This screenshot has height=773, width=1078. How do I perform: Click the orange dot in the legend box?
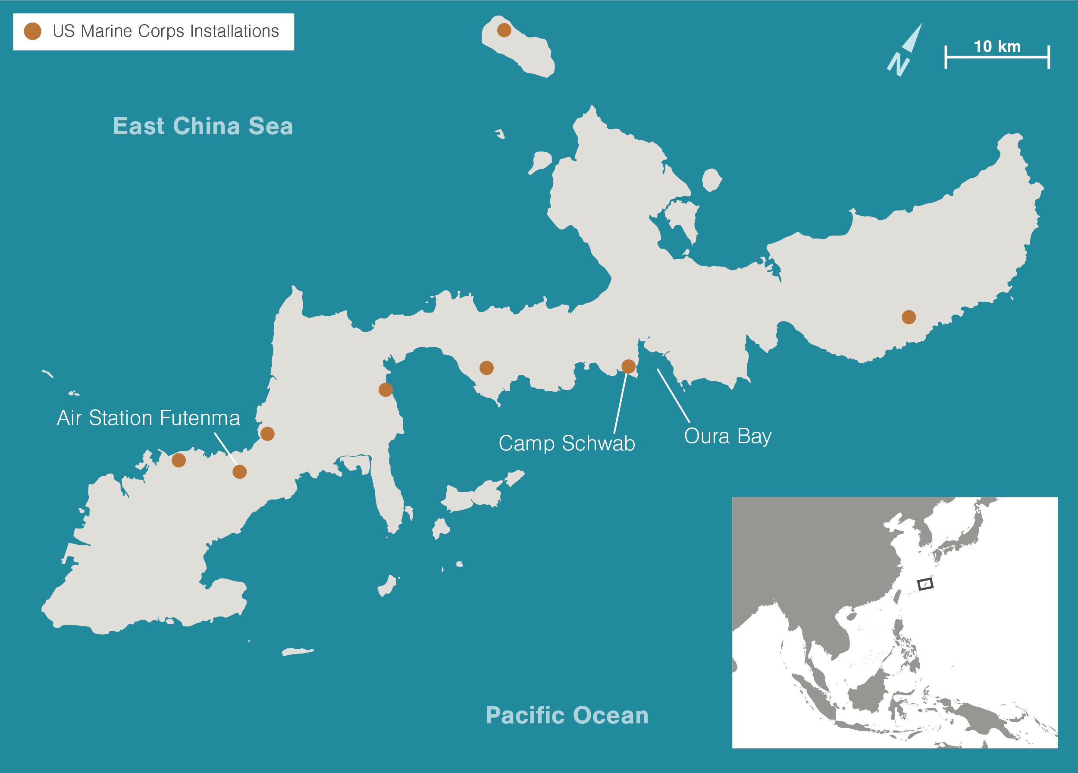click(33, 31)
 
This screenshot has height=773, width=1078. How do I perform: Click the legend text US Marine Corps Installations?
click(166, 31)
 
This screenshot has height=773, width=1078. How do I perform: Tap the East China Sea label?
click(203, 126)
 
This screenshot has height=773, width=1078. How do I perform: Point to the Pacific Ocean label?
click(567, 716)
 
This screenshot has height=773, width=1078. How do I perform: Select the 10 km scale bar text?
click(997, 47)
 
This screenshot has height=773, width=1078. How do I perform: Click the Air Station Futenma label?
click(148, 418)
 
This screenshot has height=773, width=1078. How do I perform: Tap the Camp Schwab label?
click(567, 443)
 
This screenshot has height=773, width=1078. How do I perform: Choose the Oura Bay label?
click(727, 437)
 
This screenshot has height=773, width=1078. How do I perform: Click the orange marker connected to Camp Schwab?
click(628, 366)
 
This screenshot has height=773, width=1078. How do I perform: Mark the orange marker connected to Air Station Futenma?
click(240, 471)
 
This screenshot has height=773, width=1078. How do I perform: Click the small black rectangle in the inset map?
click(925, 584)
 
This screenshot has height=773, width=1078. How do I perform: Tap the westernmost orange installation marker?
click(179, 460)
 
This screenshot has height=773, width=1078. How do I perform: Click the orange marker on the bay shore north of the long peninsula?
click(385, 390)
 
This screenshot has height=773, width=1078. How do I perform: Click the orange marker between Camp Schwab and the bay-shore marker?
click(486, 368)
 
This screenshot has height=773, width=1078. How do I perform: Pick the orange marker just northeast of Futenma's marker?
click(267, 434)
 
